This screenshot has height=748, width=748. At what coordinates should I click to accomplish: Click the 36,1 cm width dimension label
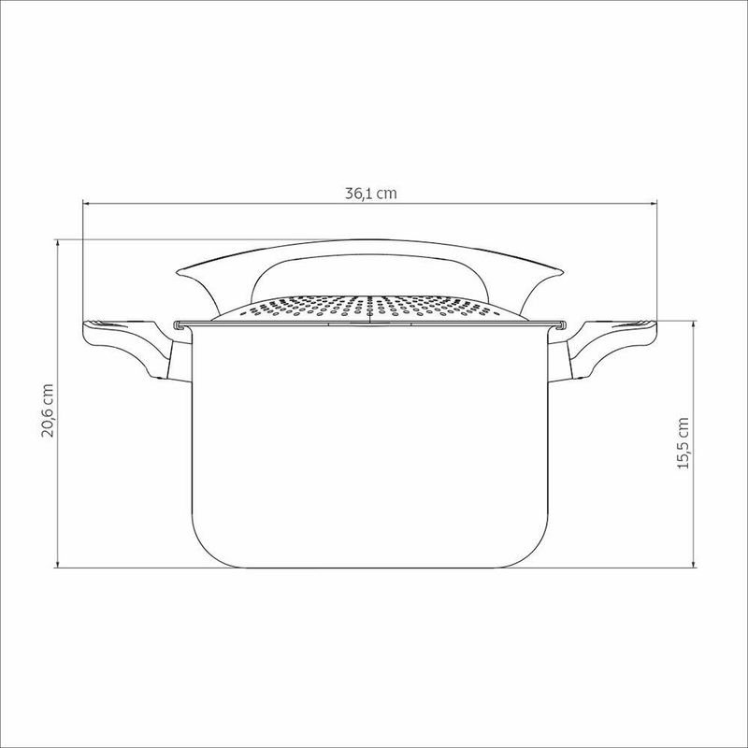click(370, 194)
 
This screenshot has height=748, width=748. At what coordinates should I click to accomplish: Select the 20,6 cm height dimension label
click(48, 410)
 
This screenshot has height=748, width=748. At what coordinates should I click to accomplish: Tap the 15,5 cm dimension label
click(683, 443)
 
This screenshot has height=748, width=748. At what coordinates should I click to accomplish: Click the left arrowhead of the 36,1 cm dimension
click(87, 204)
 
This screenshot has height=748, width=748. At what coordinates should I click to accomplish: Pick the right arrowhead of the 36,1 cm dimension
click(653, 204)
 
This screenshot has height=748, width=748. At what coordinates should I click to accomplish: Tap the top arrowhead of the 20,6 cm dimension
click(58, 244)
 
